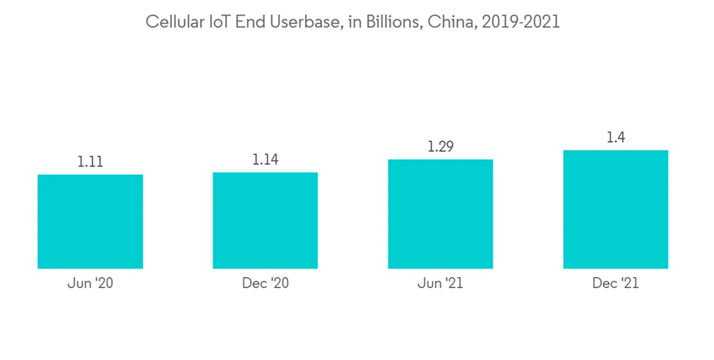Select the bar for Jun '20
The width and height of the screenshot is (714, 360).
(x=90, y=221)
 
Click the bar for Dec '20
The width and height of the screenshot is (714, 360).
(x=265, y=220)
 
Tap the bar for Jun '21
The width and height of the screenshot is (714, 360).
(x=441, y=214)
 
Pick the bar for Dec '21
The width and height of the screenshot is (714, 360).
(x=615, y=209)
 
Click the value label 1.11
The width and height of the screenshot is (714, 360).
(x=90, y=162)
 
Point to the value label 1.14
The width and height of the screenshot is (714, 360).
(x=265, y=159)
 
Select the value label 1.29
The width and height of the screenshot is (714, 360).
(x=441, y=146)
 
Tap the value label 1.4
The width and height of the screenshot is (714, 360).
(x=615, y=137)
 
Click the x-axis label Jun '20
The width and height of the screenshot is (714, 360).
(x=90, y=284)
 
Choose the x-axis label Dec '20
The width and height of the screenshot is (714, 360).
(x=265, y=284)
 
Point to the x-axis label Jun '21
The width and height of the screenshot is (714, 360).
(x=441, y=284)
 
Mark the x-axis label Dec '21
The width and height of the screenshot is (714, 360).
(x=615, y=284)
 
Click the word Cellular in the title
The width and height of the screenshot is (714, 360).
(x=171, y=22)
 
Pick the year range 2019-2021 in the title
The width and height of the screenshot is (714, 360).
(x=521, y=22)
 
